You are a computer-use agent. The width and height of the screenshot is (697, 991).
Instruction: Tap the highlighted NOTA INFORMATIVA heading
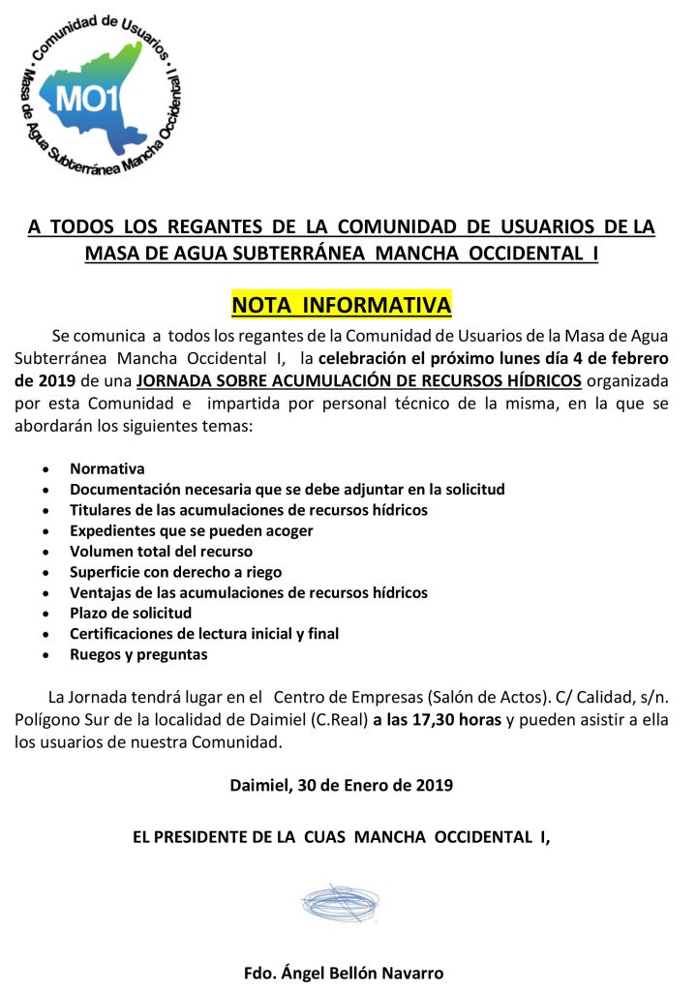coord(342,306)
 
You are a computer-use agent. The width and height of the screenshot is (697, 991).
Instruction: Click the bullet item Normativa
coord(107,468)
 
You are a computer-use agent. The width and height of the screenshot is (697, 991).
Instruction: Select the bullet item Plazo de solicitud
coord(131,613)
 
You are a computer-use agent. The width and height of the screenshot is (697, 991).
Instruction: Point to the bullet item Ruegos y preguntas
coord(138,654)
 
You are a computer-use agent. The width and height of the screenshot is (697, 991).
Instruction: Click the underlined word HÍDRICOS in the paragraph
coord(547,379)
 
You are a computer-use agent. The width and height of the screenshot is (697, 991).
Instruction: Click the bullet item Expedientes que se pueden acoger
coord(192,530)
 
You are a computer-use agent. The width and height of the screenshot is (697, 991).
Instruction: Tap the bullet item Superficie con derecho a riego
coord(176,572)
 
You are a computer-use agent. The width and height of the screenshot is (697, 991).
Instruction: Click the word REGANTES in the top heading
coord(211,227)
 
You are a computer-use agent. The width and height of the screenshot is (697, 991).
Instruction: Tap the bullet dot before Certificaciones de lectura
coord(47,635)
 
